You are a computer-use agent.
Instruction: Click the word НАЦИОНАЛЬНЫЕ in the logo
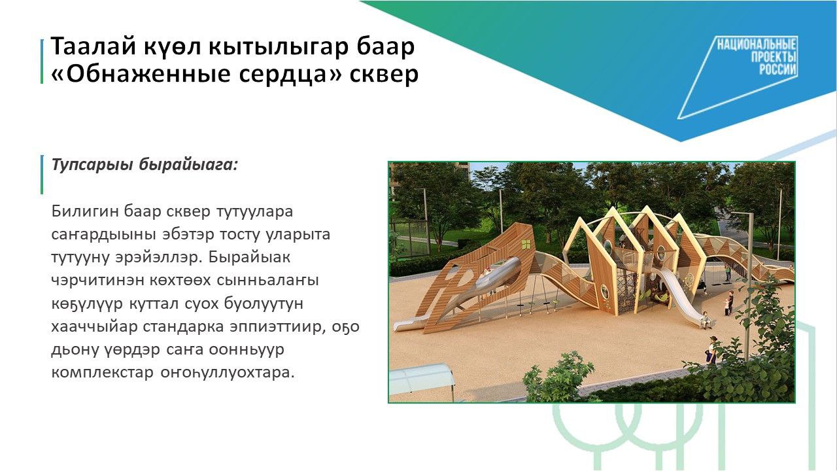click(757, 45)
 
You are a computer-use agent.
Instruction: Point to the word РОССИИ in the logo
click(777, 69)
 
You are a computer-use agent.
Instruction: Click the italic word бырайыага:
click(188, 165)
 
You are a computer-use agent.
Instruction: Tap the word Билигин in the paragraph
click(84, 211)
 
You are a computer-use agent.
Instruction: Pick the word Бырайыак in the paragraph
click(249, 258)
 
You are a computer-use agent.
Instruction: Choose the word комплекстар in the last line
click(102, 373)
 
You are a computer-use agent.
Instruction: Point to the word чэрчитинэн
click(97, 281)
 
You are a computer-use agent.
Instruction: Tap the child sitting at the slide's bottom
click(706, 321)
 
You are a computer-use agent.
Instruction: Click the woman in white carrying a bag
click(711, 350)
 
